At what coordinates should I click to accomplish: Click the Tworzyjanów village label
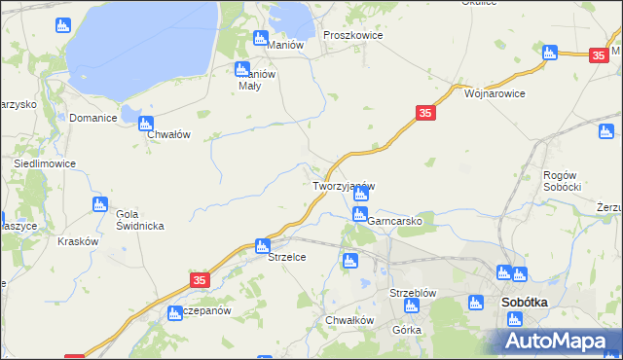coord(343,186)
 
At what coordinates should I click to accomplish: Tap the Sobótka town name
coord(524,303)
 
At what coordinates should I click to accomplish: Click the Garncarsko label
coord(394,221)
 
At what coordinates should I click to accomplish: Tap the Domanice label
coord(93,118)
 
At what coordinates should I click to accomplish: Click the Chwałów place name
coord(167,135)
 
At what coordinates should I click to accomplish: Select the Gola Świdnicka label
coord(139,220)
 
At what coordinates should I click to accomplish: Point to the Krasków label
coord(78,241)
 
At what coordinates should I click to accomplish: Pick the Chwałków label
coord(349,320)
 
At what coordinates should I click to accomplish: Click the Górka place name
coord(406,330)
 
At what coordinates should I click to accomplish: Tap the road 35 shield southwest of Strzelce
coord(200,280)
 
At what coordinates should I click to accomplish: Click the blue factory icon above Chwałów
coord(146,124)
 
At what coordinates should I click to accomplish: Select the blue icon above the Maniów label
coord(260,38)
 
